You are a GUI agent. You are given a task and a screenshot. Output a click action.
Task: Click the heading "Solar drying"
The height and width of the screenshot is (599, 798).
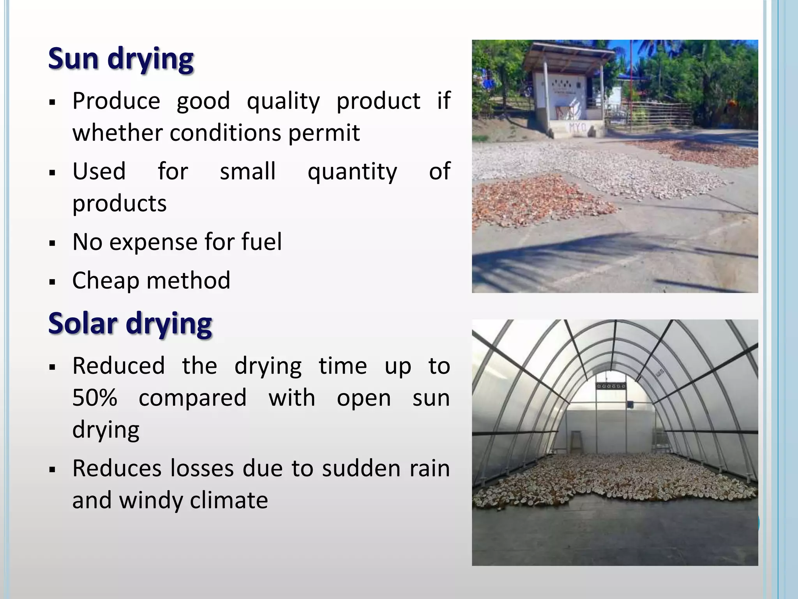click(x=130, y=324)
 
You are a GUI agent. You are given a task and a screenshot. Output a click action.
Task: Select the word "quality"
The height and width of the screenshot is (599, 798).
click(x=283, y=101)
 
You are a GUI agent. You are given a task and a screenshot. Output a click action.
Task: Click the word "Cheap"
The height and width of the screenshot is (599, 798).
click(x=106, y=281)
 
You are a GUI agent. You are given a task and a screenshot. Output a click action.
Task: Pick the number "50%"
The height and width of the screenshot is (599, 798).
click(x=95, y=398)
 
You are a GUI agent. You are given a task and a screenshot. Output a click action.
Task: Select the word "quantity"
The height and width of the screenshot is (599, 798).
click(x=352, y=172)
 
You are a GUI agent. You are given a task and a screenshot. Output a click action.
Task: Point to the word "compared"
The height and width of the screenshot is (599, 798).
click(x=192, y=399)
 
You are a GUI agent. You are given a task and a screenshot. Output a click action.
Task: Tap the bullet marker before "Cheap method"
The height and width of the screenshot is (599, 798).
click(x=52, y=281)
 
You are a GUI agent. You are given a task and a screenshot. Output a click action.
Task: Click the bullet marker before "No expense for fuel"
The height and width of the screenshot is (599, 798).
click(x=52, y=243)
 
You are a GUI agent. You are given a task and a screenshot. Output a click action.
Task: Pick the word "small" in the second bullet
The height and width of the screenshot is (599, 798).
click(x=248, y=171)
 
